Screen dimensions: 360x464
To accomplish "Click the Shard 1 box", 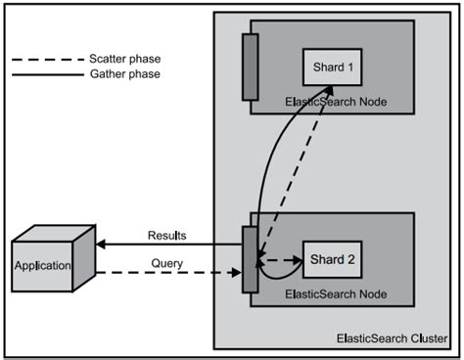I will tap(329, 66).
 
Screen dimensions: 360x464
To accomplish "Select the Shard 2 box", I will tap(329, 260).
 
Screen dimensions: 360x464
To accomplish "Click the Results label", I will tap(166, 236).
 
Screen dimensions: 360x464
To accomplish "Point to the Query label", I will tap(166, 262).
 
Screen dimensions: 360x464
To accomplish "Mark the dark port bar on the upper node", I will tap(250, 66).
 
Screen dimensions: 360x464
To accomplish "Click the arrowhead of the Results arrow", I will tap(101, 244).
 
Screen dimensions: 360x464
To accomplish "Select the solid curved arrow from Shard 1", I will tap(266, 166).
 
